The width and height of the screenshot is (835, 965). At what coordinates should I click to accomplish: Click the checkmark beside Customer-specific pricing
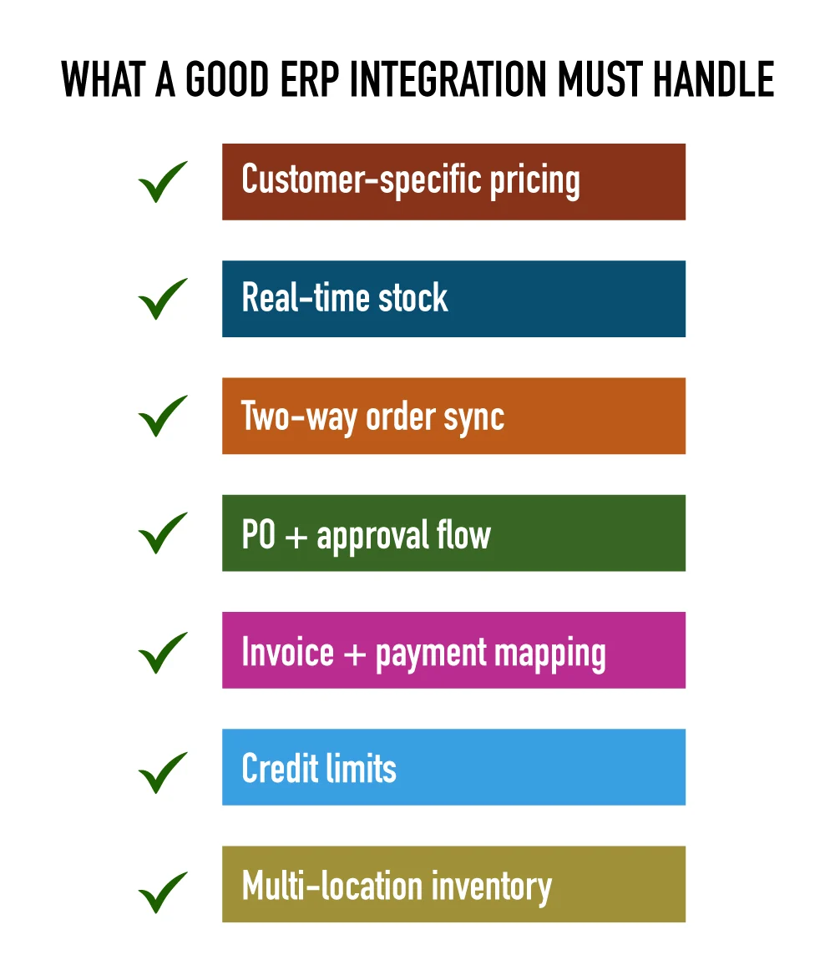point(162,183)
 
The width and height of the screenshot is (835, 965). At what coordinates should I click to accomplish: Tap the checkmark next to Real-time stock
point(162,300)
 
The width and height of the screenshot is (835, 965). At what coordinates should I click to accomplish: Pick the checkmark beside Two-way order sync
point(162,417)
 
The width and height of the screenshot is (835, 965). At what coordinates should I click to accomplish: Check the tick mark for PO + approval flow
point(162,533)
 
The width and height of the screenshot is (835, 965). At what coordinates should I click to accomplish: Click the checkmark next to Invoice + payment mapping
point(162,652)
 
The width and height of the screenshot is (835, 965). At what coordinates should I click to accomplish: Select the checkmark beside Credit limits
point(162,771)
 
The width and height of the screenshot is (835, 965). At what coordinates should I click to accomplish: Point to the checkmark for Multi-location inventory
point(162,891)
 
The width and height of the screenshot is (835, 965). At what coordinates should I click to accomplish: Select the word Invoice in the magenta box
point(276,652)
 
